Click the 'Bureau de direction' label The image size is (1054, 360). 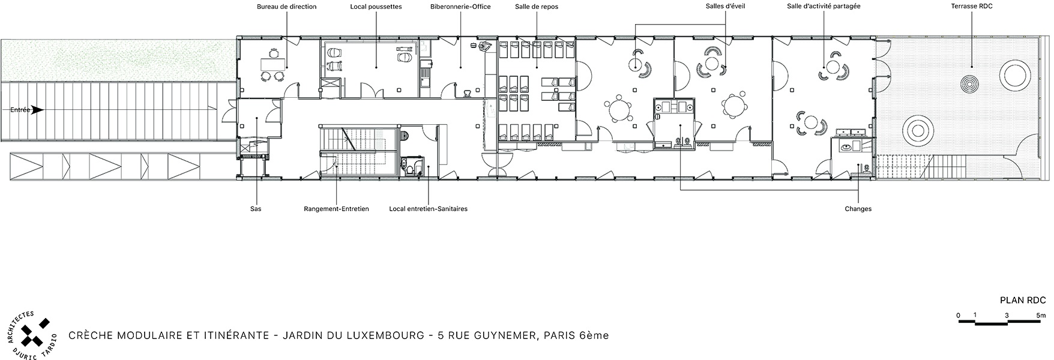tap(286, 7)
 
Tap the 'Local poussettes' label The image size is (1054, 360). tap(376, 7)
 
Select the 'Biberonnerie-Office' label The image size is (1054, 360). tap(460, 7)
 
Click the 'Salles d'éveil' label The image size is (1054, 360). tap(725, 7)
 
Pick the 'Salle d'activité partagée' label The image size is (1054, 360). tap(824, 7)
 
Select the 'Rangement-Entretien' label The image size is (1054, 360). tap(336, 209)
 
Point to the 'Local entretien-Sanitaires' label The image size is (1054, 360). tap(428, 209)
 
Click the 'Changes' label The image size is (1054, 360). tap(858, 209)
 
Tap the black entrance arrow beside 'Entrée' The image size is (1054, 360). tap(38, 110)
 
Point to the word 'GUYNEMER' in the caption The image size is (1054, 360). tap(505, 335)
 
